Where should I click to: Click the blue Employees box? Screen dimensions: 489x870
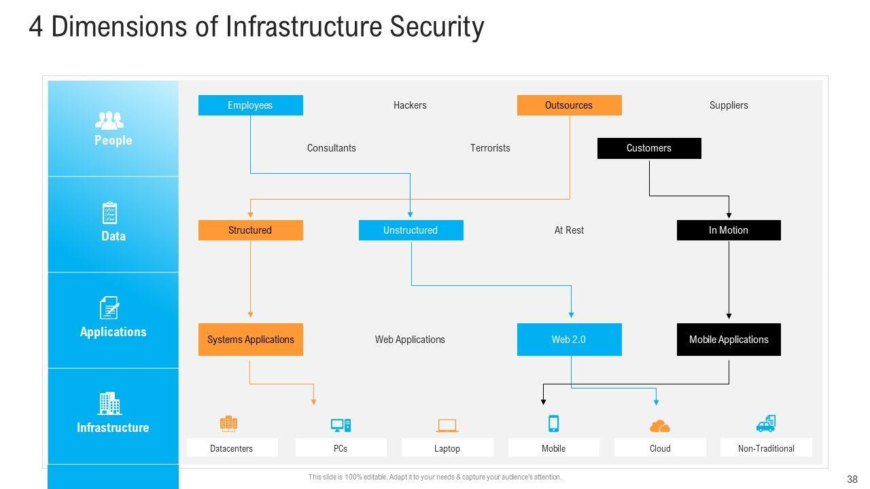pos(250,105)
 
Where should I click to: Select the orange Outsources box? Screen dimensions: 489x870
pos(569,105)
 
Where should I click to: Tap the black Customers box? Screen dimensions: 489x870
pos(648,148)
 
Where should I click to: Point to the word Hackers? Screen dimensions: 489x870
pos(410,105)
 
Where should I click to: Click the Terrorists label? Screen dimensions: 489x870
pos(490,148)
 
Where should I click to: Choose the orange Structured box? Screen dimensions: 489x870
pos(250,230)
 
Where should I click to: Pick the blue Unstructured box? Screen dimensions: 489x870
pos(411,230)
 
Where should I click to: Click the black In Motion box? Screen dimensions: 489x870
pos(729,230)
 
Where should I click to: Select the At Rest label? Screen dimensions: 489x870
pos(569,230)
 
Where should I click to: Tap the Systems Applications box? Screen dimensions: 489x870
pos(250,340)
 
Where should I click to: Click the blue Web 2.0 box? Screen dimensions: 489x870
pos(569,340)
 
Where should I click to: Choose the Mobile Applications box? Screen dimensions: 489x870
pos(729,340)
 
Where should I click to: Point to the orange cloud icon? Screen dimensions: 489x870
pos(659,426)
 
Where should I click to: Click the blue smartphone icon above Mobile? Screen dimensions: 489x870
pos(553,424)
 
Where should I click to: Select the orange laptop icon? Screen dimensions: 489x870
pos(447,426)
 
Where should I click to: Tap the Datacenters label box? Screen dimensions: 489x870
pos(232,448)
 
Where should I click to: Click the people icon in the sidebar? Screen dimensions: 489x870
pos(109,121)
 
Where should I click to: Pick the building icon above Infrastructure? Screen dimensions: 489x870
pos(109,403)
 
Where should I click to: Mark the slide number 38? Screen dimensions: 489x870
pos(852,479)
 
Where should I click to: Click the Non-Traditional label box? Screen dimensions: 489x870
pos(766,448)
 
